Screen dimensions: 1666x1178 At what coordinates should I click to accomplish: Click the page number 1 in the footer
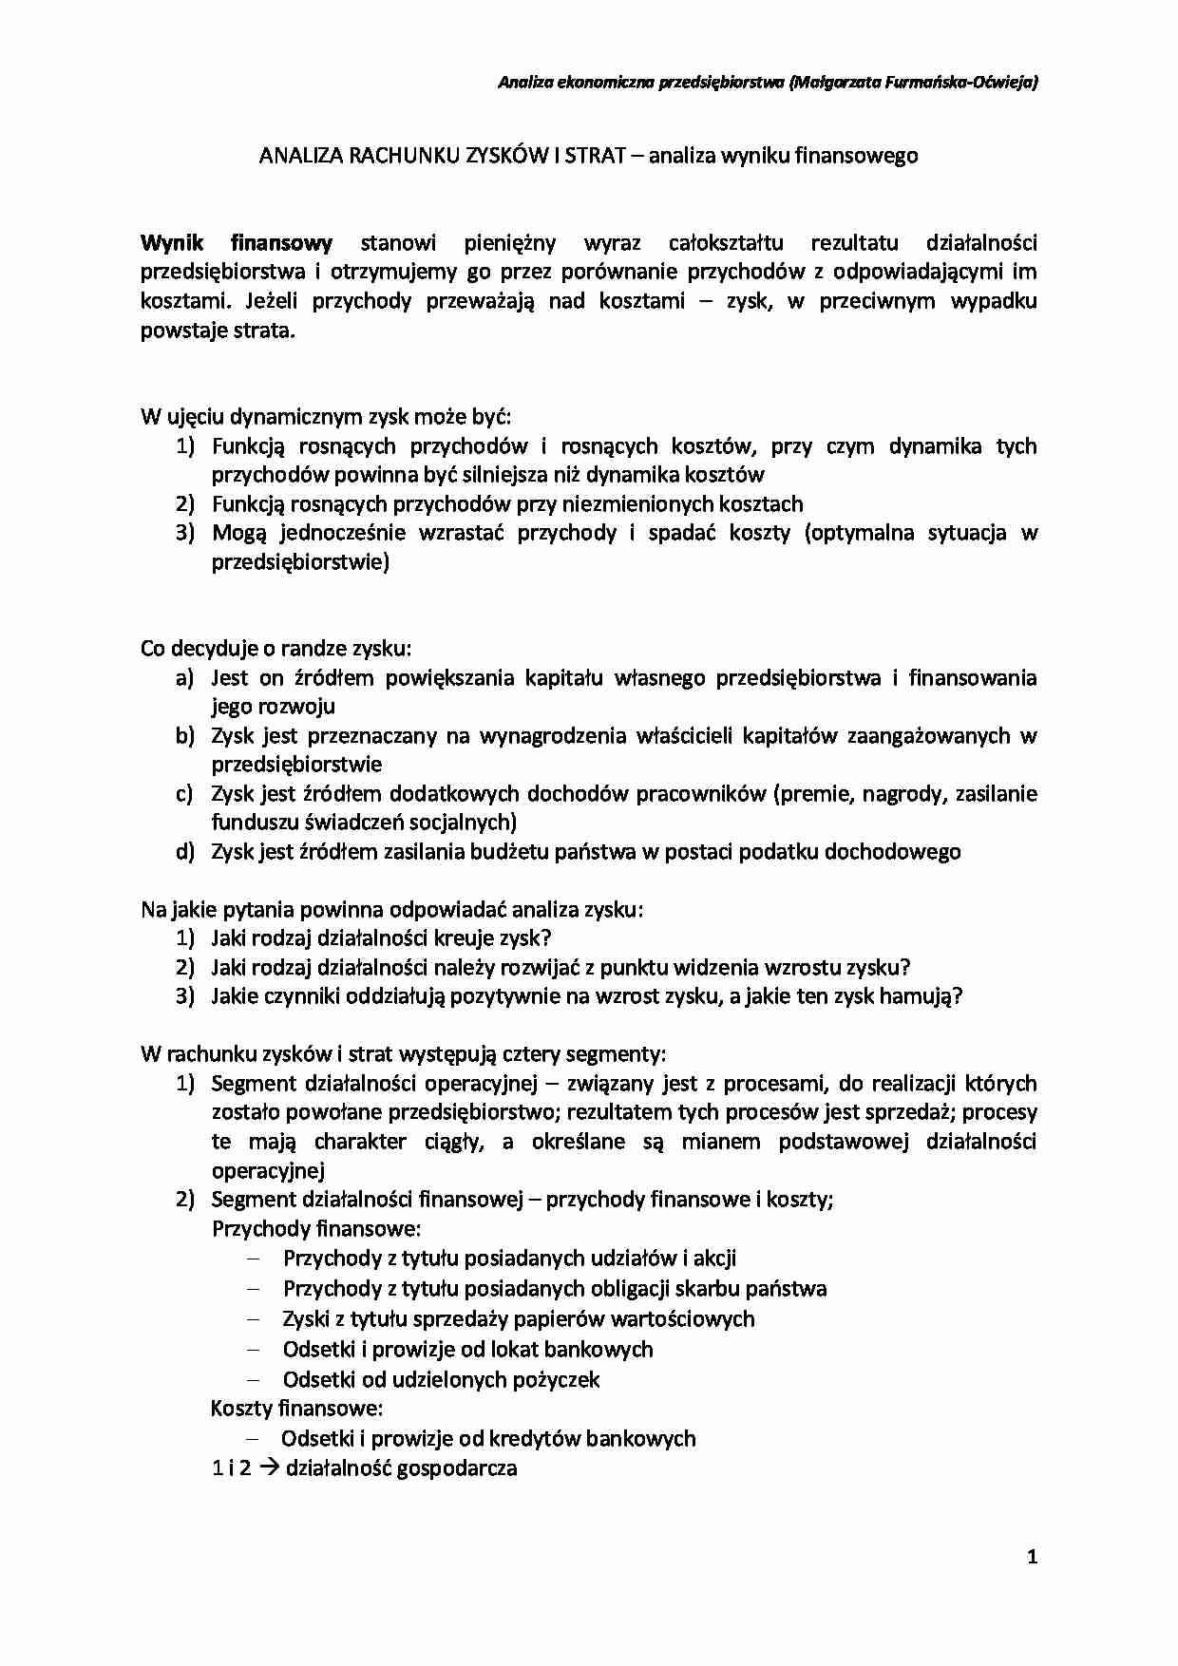point(1032,1557)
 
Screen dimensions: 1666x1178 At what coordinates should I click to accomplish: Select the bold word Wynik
point(172,242)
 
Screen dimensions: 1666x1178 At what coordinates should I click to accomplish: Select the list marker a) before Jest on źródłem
point(184,678)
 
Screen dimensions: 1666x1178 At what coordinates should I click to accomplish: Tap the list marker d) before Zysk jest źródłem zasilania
point(184,852)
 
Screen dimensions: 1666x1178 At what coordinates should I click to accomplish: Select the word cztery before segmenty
point(532,1054)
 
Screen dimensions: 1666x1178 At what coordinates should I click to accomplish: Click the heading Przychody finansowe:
point(316,1229)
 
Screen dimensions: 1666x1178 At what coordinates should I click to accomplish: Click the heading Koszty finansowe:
point(296,1409)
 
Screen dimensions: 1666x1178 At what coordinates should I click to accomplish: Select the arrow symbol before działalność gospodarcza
point(268,1468)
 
